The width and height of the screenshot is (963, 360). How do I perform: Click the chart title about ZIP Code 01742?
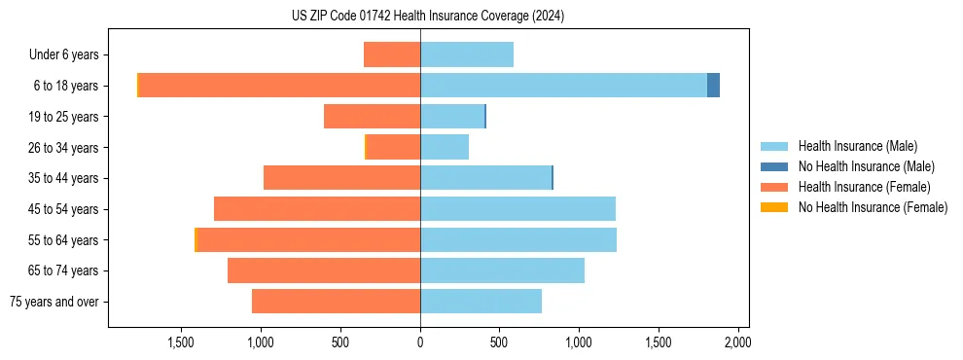(428, 16)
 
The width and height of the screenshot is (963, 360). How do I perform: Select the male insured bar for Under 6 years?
(467, 54)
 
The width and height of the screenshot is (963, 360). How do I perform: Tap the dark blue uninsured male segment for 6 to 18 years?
(713, 86)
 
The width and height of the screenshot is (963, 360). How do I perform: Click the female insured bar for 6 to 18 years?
(280, 86)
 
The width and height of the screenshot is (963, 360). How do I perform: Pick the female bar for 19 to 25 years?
(372, 117)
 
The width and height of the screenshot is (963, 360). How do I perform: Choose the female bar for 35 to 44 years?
(341, 178)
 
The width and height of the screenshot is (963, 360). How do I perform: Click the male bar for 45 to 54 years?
(517, 209)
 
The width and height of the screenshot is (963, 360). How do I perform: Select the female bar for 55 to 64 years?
(308, 239)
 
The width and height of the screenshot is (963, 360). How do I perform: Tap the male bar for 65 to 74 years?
(502, 270)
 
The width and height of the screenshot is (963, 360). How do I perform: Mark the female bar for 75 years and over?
(336, 302)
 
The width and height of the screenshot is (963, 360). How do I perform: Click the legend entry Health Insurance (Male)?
(857, 146)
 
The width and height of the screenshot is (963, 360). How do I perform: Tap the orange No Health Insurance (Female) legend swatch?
(775, 207)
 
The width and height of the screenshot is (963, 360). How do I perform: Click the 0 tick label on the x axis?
(420, 342)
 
